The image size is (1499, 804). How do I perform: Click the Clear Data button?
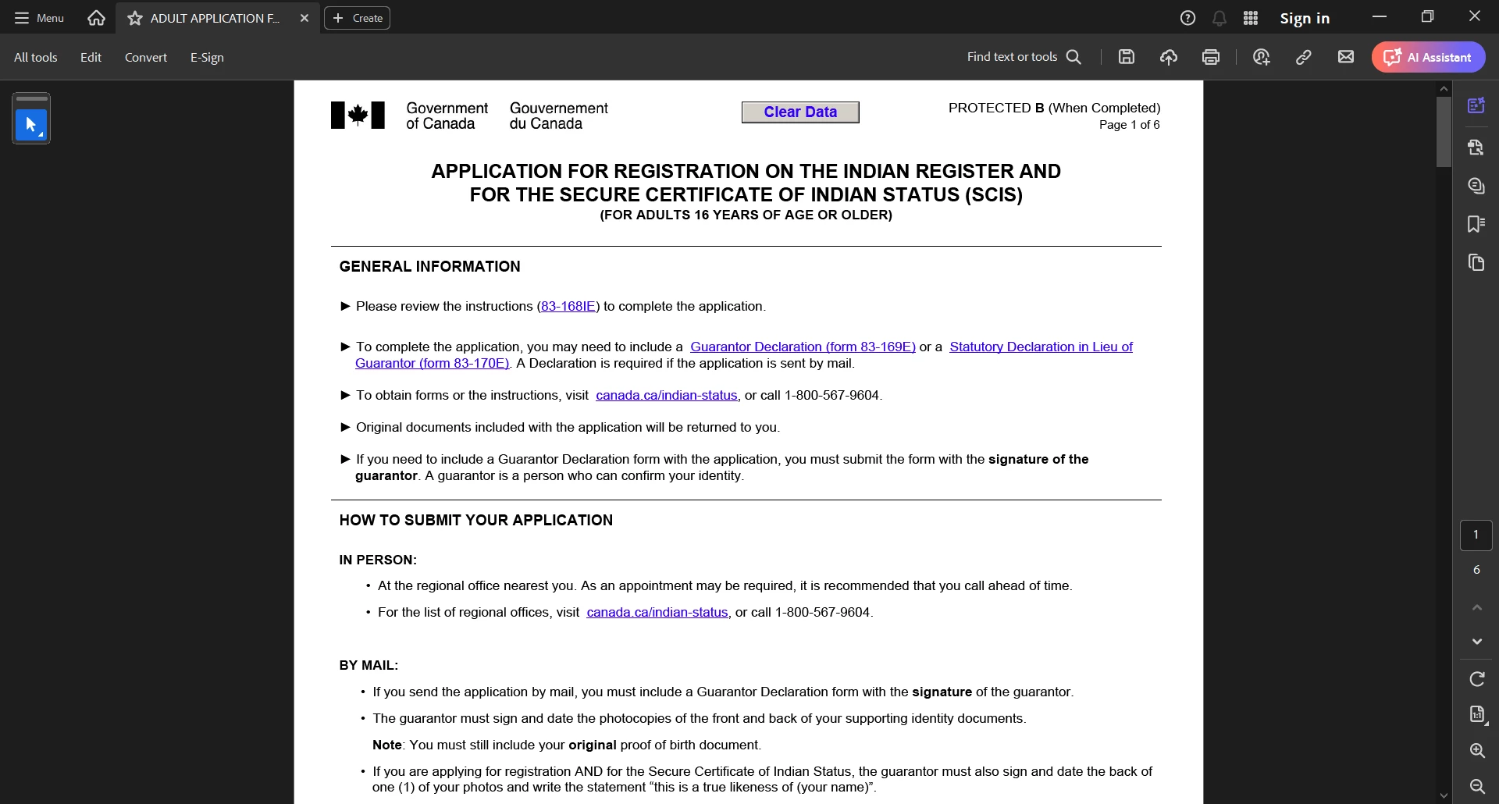coord(799,112)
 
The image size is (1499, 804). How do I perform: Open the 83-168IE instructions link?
coord(568,307)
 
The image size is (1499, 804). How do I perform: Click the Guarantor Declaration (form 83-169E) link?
coord(802,347)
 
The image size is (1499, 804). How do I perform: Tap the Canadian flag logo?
coord(358,116)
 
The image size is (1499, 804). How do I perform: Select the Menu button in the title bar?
coord(39,18)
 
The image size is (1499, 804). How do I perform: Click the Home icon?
coord(96,18)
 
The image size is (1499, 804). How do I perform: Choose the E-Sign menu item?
coord(207,58)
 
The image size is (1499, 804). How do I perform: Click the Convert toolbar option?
coord(145,58)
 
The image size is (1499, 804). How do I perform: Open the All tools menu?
coord(35,58)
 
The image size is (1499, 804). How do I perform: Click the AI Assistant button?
coord(1428,58)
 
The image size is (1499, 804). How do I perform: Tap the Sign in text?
coord(1304,19)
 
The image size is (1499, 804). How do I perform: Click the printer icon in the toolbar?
coord(1210,57)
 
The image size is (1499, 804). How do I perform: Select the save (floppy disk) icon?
coord(1126,57)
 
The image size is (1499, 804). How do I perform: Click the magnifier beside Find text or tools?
coord(1074,57)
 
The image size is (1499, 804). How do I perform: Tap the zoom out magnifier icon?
coord(1476,786)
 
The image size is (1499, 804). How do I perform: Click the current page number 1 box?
coord(1476,535)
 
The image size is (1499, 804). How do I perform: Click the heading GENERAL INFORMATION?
coord(429,267)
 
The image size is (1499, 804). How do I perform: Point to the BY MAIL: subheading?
coord(369,666)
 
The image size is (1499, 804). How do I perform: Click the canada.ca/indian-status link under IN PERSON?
coord(657,613)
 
